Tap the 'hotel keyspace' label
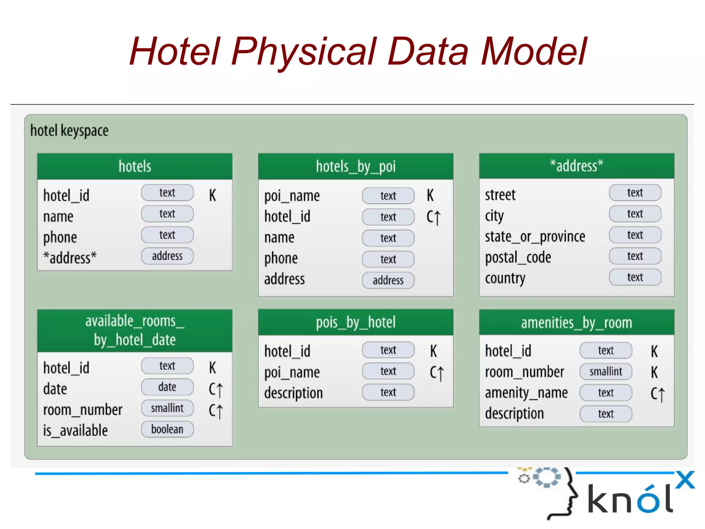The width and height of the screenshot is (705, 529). [x=69, y=131]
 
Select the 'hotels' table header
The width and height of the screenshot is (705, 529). [x=135, y=166]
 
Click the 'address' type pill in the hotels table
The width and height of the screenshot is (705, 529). [x=167, y=256]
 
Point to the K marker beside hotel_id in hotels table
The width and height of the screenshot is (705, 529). [x=212, y=195]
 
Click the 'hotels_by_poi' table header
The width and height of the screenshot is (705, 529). [x=356, y=166]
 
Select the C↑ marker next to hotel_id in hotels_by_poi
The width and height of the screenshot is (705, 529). [x=433, y=217]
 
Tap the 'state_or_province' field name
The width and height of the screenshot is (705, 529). [x=535, y=237]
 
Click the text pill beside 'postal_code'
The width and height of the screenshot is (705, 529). [x=635, y=256]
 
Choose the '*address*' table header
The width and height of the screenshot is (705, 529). [x=577, y=166]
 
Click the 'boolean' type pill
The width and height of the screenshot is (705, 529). [x=167, y=429]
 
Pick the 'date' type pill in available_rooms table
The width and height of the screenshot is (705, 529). [x=167, y=387]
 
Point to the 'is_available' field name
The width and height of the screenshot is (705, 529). [x=75, y=431]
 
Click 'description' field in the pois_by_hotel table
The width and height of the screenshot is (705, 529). [x=293, y=393]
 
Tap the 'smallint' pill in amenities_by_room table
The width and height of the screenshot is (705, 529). [x=606, y=372]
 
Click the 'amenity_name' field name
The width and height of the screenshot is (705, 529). [x=526, y=393]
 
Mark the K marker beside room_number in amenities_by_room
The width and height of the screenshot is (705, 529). [x=654, y=372]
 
